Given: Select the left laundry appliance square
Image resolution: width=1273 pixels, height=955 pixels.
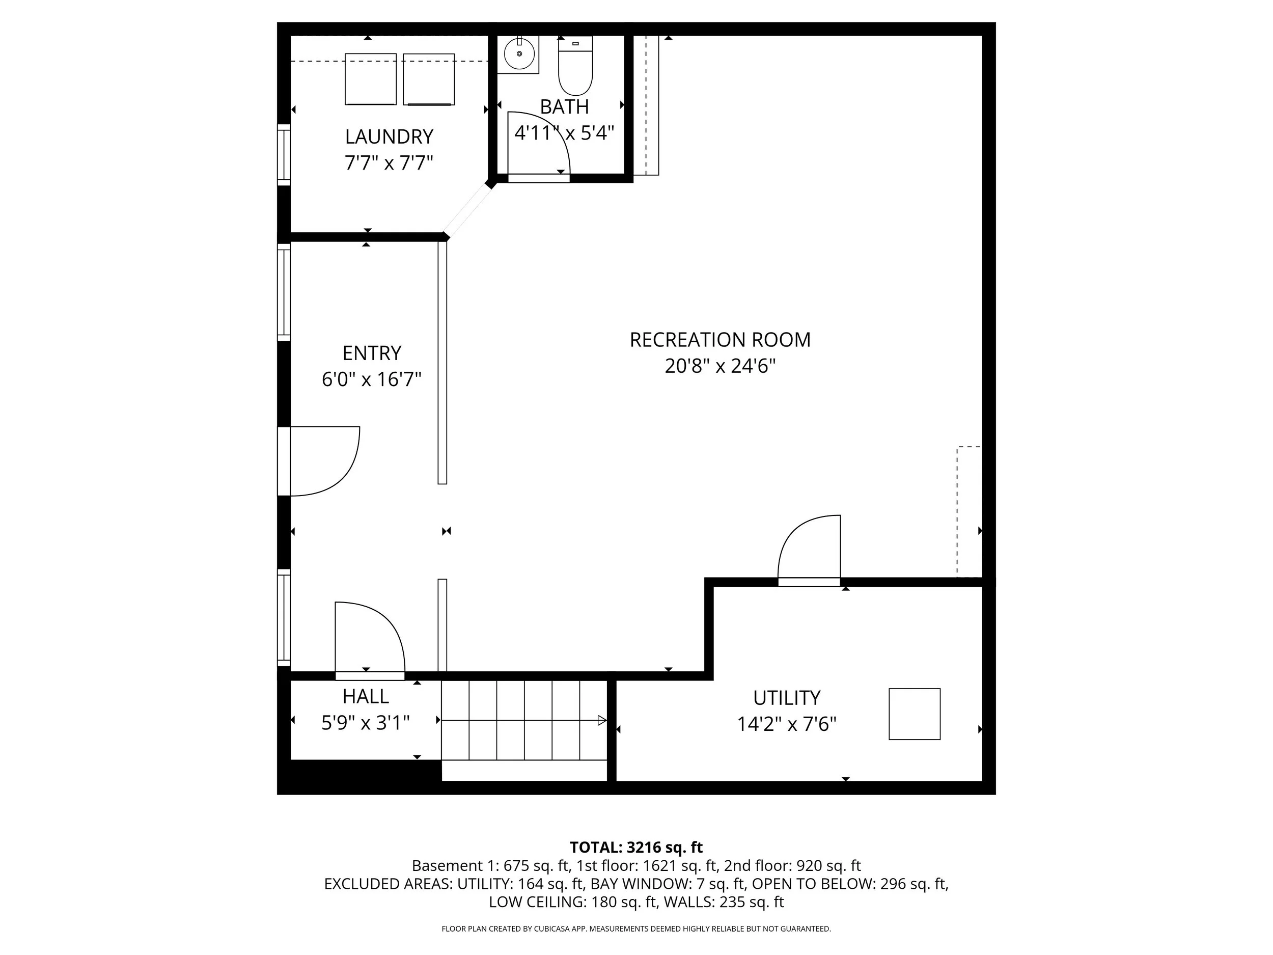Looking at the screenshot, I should [371, 79].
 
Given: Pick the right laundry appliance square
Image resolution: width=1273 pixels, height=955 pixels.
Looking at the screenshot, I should [429, 79].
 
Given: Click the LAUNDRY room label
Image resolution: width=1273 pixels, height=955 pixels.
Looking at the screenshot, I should [389, 137].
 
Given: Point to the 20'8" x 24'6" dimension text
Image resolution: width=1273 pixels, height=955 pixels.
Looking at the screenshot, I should [720, 366].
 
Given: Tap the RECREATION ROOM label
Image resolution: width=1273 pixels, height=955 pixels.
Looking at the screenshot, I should [720, 340].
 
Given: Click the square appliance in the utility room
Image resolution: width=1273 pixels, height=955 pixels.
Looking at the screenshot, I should [915, 714].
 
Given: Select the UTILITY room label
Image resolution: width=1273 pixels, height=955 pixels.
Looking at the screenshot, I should [787, 698].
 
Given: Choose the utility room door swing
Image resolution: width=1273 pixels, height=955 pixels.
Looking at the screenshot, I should [806, 544].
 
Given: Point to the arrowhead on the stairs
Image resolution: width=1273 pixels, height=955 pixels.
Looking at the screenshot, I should [602, 720].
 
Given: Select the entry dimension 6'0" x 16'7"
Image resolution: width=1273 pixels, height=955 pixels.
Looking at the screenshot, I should [372, 379].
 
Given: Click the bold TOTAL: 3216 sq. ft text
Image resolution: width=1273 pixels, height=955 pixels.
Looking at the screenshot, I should [636, 848].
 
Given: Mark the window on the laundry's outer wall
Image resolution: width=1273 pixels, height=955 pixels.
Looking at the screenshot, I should [284, 155].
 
